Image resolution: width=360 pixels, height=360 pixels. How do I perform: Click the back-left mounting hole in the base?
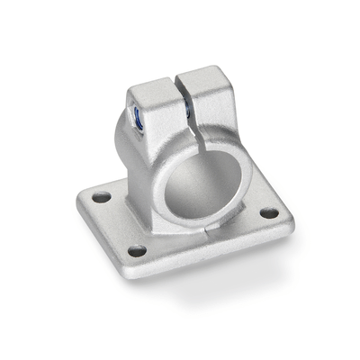pos(101,196)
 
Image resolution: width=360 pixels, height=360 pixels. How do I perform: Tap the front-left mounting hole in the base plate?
pos(136,250)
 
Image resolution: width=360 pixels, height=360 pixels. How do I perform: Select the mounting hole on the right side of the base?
pos(269,213)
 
